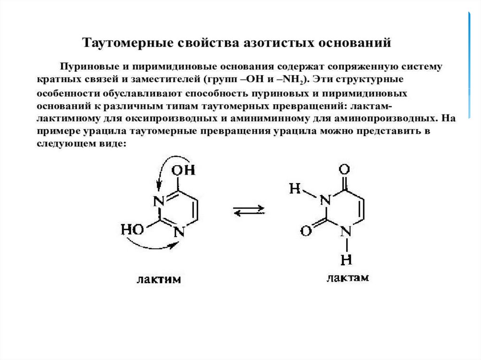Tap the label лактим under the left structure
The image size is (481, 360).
tap(158, 279)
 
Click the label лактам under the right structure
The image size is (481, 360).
tap(348, 278)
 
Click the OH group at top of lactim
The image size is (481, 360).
tap(184, 170)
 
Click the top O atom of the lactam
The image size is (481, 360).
tap(346, 168)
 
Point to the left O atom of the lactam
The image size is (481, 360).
tap(305, 230)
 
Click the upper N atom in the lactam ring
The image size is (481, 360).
tap(324, 200)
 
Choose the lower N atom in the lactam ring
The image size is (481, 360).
tap(346, 230)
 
